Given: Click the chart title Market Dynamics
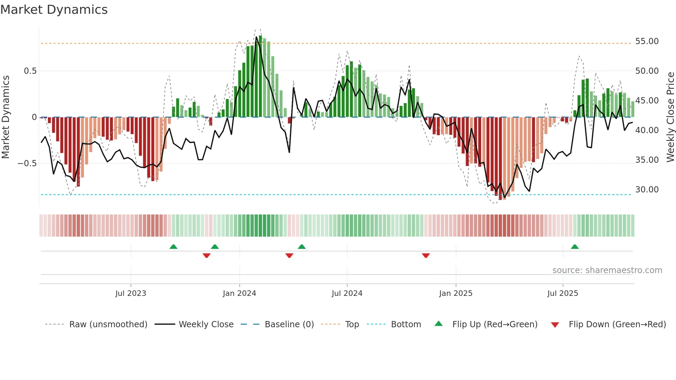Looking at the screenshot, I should click(x=54, y=10).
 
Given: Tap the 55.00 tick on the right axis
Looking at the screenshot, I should click(x=647, y=41).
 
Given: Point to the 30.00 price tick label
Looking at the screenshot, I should click(x=647, y=190).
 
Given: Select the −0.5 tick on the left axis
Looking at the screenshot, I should click(x=27, y=163).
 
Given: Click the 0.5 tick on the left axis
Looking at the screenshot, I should click(x=30, y=71).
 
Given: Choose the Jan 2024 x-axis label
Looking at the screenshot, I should click(x=239, y=293).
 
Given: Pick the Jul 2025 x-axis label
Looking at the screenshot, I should click(x=563, y=293).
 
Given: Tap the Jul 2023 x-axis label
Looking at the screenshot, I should click(x=131, y=293).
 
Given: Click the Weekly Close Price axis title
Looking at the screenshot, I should click(x=670, y=117).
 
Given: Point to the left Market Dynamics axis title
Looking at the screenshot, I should click(x=6, y=117).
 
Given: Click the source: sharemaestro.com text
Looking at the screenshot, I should click(x=607, y=270).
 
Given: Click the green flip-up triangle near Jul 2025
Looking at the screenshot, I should click(x=575, y=247).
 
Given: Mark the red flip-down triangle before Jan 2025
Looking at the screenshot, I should click(x=426, y=255).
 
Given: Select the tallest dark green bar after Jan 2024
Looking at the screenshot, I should click(x=260, y=76).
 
